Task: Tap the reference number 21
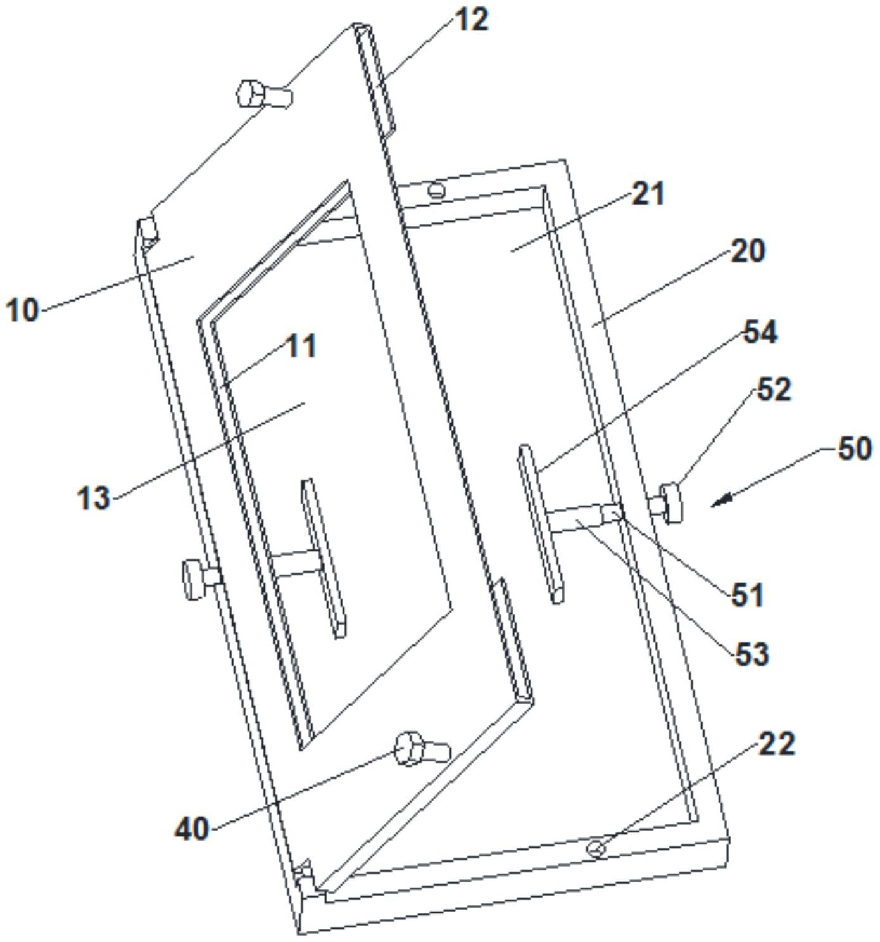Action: point(649,194)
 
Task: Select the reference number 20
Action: point(748,251)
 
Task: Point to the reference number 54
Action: point(760,332)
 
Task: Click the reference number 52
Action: point(774,390)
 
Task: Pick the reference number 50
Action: point(855,449)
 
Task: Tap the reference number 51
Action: point(748,595)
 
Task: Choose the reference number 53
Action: point(752,653)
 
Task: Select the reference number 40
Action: point(192,828)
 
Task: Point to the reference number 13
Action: point(94,497)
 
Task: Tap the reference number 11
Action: point(301,347)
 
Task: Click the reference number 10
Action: point(23,310)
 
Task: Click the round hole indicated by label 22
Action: point(595,848)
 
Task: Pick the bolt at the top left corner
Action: point(263,95)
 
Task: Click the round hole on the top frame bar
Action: point(436,189)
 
